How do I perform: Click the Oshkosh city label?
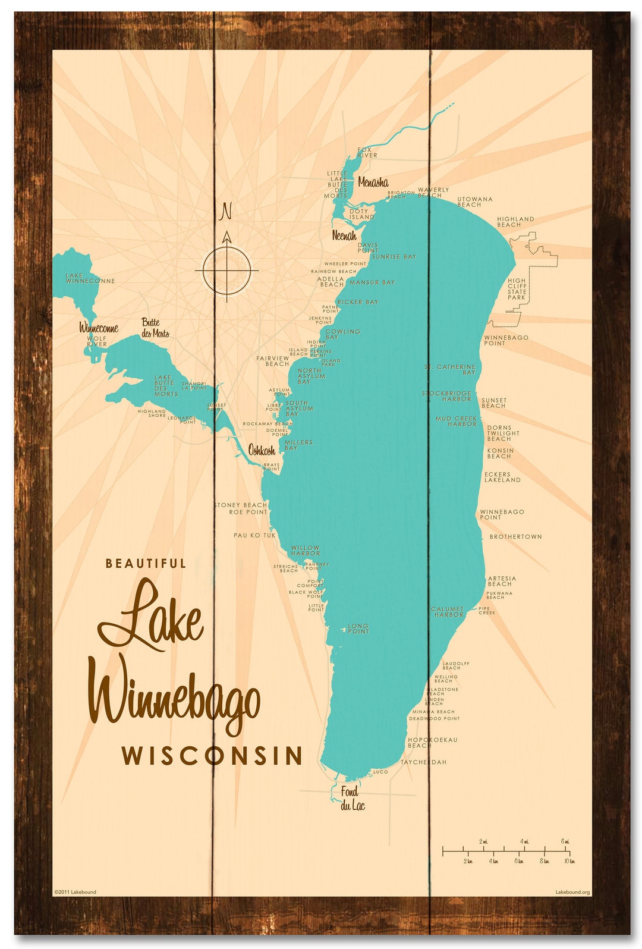tap(262, 450)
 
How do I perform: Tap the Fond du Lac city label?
tap(352, 799)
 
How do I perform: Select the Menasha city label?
tap(373, 183)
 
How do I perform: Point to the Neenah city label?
tap(344, 235)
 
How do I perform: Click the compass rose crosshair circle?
tap(226, 271)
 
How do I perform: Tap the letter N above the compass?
tap(226, 211)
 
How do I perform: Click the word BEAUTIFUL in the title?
tap(146, 563)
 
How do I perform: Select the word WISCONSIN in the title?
tap(212, 756)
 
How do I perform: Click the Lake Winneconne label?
tap(90, 278)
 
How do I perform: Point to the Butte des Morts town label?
tap(155, 328)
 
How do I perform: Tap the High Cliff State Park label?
tap(517, 289)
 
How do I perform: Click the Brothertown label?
tap(515, 536)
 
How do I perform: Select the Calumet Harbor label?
tap(447, 612)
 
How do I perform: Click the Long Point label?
tap(358, 629)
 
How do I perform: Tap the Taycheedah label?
tap(423, 762)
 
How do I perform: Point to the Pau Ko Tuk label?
tap(254, 535)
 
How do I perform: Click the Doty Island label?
tap(361, 214)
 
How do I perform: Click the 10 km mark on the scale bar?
tap(569, 861)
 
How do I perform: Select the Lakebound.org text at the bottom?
tap(572, 892)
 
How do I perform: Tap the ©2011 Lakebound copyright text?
tap(75, 892)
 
